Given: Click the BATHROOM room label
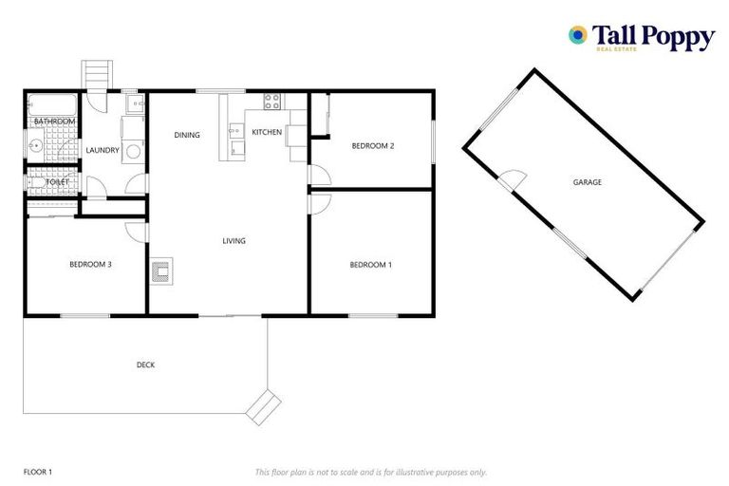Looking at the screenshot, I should [54, 121].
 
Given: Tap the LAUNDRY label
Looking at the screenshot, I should [102, 150].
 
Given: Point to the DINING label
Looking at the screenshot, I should [187, 135].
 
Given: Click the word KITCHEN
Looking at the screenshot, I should [266, 132].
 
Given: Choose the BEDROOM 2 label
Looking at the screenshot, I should [372, 145].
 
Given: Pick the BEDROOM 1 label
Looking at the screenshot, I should [369, 265].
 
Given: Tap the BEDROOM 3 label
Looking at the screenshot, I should [91, 264].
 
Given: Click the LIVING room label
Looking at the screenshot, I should [234, 241].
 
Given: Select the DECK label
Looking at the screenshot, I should [145, 364].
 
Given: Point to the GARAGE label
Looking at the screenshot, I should [587, 182].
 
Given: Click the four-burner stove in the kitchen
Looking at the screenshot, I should [271, 101].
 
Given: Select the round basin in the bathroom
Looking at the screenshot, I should [35, 146].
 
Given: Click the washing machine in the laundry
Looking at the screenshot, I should [134, 150].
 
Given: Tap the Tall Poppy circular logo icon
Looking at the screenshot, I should [576, 35].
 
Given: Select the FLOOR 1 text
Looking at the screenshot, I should [38, 472].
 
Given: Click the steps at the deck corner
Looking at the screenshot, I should [263, 406].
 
